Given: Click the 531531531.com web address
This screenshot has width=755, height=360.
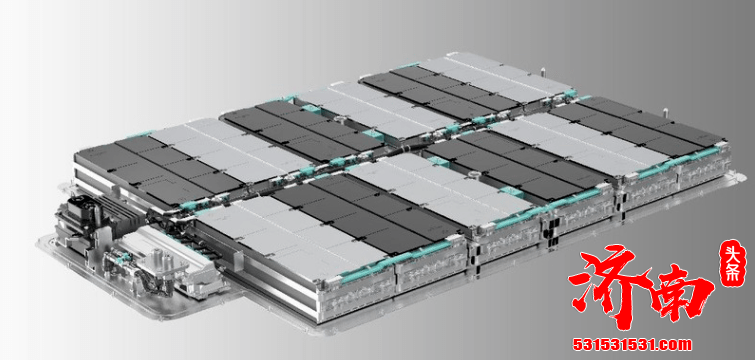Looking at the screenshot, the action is (x=632, y=345).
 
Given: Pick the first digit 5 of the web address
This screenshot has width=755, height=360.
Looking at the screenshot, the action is (x=577, y=345).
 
